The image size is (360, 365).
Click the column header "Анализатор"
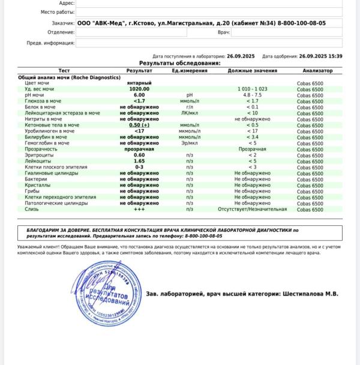pos(310,71)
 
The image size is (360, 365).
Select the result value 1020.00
pos(139,89)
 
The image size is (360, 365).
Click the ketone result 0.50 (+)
pos(139,125)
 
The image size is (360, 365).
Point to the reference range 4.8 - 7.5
pos(252,95)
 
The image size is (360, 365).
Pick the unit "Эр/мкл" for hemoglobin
pos(189,143)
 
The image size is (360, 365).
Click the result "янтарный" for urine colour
pos(139,83)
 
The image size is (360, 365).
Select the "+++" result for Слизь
pos(139,209)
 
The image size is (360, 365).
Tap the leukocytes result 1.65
pos(139,161)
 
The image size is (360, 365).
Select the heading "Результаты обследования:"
pos(179,63)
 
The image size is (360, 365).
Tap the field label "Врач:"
pos(223,32)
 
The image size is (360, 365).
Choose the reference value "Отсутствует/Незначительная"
pos(252,209)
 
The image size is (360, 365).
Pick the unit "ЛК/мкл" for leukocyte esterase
pos(189,113)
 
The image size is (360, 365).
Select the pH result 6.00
pos(139,95)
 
